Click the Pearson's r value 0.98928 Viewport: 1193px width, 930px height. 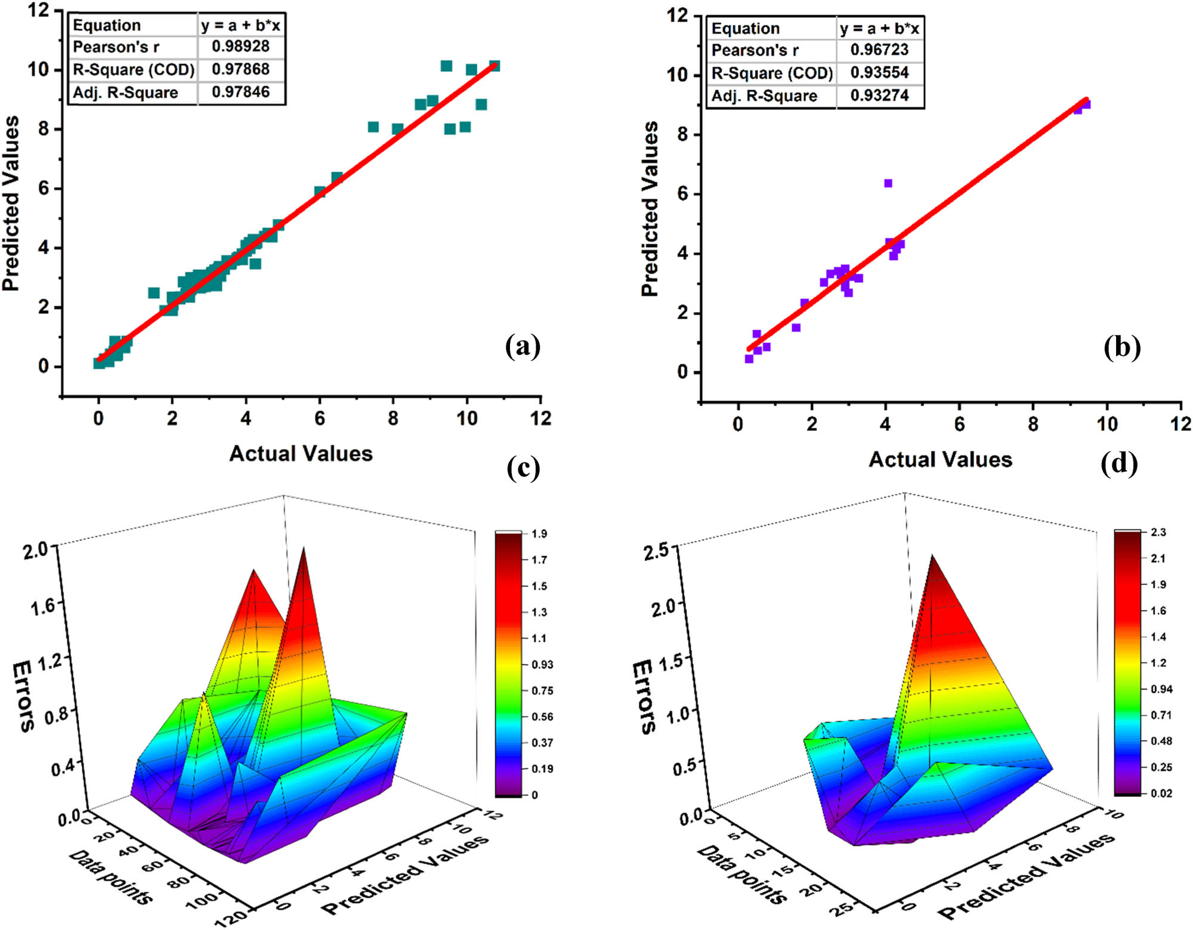pyautogui.click(x=240, y=47)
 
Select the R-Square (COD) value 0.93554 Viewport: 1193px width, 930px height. pyautogui.click(x=879, y=73)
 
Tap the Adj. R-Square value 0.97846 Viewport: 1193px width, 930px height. pyautogui.click(x=240, y=92)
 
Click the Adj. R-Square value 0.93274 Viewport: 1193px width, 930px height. pyautogui.click(x=879, y=96)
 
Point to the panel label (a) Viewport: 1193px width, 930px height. pyautogui.click(x=523, y=346)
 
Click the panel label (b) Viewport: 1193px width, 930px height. pyautogui.click(x=1121, y=347)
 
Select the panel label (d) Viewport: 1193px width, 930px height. pyautogui.click(x=1118, y=463)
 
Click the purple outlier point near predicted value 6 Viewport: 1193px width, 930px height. pyautogui.click(x=888, y=183)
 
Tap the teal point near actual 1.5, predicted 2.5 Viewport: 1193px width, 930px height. pyautogui.click(x=154, y=292)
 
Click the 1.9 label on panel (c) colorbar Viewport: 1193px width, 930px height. pyautogui.click(x=539, y=534)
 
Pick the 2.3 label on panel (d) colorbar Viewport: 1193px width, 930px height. pyautogui.click(x=1158, y=532)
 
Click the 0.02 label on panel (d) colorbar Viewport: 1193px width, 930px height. pyautogui.click(x=1161, y=793)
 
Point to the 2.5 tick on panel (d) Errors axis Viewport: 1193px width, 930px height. pyautogui.click(x=658, y=552)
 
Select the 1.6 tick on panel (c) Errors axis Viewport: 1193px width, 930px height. pyautogui.click(x=43, y=606)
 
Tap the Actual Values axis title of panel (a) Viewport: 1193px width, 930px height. pyautogui.click(x=301, y=454)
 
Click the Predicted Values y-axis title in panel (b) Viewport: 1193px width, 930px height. pyautogui.click(x=650, y=209)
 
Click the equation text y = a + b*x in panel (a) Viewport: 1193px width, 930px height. pyautogui.click(x=240, y=25)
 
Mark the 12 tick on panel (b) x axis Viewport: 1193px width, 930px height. pyautogui.click(x=1180, y=424)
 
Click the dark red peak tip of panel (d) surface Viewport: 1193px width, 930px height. pyautogui.click(x=931, y=558)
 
